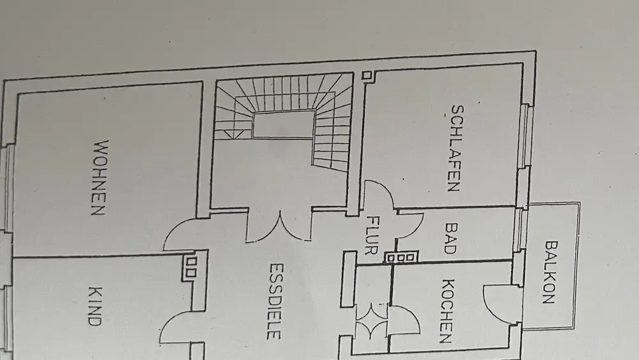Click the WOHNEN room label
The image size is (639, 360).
point(97,177)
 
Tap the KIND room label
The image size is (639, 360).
point(93,306)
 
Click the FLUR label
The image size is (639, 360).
point(371,235)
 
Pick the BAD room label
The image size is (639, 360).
point(451,238)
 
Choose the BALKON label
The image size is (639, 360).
point(551,271)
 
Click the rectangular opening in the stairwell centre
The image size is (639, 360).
point(284,123)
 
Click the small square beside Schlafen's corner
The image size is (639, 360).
point(366,76)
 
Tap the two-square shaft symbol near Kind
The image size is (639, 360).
point(190,268)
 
